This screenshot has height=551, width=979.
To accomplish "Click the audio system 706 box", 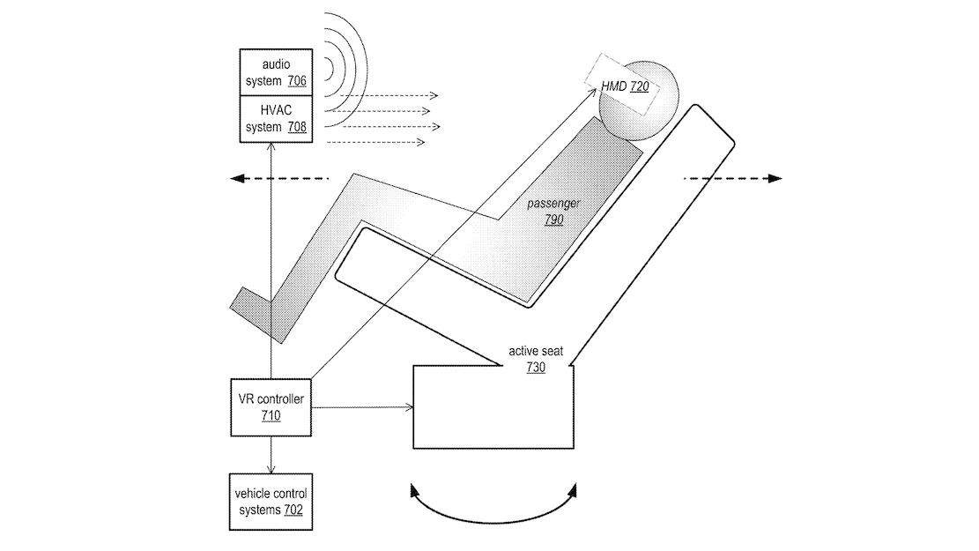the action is (276, 72).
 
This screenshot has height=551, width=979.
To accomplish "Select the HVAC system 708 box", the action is (276, 119).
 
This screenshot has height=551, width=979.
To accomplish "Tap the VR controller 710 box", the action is (271, 407).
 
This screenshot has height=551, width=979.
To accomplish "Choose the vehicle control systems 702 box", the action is (271, 502).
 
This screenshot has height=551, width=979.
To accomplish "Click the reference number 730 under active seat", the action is (536, 368).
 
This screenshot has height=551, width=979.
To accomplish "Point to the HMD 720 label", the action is (625, 86).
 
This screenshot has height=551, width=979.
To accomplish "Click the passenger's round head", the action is (639, 100).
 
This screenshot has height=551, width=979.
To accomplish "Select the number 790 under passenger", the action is (553, 220).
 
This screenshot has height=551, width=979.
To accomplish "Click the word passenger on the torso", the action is (553, 204).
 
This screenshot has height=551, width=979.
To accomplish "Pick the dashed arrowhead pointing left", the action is (237, 179).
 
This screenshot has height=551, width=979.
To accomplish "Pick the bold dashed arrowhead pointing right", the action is (775, 179).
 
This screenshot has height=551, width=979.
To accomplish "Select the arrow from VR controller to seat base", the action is (362, 407).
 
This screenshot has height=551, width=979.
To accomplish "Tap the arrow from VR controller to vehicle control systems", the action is (271, 455).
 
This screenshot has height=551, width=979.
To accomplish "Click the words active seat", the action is (536, 351).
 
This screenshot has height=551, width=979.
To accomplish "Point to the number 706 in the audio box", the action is (297, 80).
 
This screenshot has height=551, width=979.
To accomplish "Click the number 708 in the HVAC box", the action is (297, 127).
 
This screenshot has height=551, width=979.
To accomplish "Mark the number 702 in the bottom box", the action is (293, 510).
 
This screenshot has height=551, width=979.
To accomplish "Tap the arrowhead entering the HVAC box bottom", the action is (271, 147).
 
